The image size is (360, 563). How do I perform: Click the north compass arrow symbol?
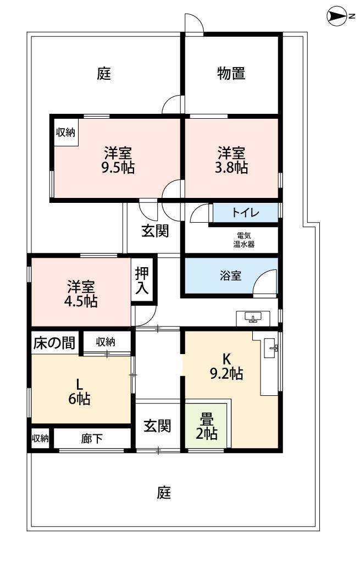[334, 17]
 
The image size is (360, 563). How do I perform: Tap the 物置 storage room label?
[231, 73]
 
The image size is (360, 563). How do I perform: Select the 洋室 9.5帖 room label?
[118, 159]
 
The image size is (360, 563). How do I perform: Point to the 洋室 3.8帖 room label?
[231, 159]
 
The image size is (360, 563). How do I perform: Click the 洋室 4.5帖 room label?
[81, 294]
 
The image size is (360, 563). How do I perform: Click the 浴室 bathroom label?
[230, 275]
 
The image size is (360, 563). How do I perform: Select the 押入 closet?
[142, 281]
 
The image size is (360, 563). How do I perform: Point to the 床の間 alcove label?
[54, 343]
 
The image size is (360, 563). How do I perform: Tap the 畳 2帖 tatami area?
[206, 427]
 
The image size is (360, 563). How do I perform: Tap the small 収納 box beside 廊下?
[40, 439]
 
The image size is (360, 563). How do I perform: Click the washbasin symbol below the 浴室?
[253, 318]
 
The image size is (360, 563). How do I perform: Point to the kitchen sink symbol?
[272, 347]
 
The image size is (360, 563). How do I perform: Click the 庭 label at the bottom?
[164, 493]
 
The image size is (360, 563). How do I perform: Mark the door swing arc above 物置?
[194, 24]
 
